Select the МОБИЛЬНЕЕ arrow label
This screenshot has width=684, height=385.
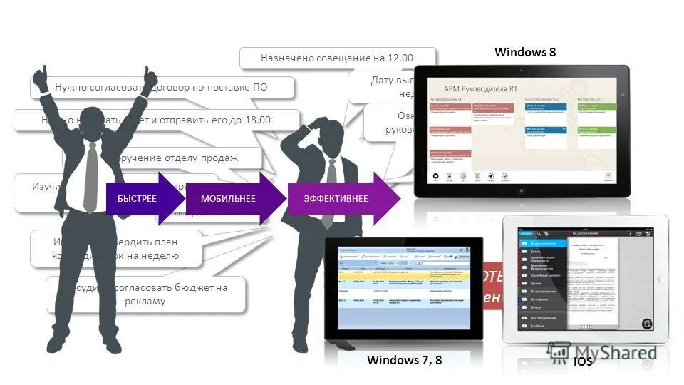[x=227, y=199]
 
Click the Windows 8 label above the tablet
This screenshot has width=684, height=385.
[x=524, y=52]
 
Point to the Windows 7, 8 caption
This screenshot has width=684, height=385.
[x=404, y=360]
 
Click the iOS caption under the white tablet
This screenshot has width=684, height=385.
[x=583, y=361]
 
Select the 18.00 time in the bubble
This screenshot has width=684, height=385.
[x=258, y=120]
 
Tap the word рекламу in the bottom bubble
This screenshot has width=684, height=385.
[x=147, y=301]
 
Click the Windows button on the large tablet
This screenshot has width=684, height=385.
[x=522, y=191]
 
